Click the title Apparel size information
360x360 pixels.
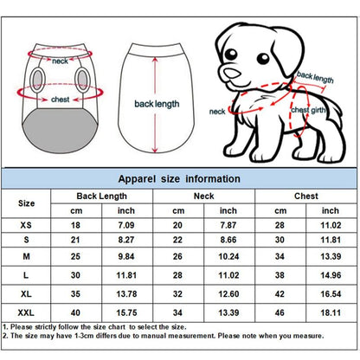179,179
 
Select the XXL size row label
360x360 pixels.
26,312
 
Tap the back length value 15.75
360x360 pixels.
126,312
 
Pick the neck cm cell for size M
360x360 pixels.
177,256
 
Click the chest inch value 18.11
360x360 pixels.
331,312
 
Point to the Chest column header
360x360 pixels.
306,196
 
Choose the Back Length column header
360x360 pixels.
101,196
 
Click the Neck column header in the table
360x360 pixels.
204,196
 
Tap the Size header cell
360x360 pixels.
26,203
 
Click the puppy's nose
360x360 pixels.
232,74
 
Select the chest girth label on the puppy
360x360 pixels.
308,110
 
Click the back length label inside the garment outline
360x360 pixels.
157,104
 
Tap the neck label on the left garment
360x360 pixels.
60,61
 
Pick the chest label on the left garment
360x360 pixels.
60,100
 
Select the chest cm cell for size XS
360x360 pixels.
280,225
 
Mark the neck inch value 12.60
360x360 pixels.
228,294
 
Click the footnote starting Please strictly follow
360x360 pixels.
94,327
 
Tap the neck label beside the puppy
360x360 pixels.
217,112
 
